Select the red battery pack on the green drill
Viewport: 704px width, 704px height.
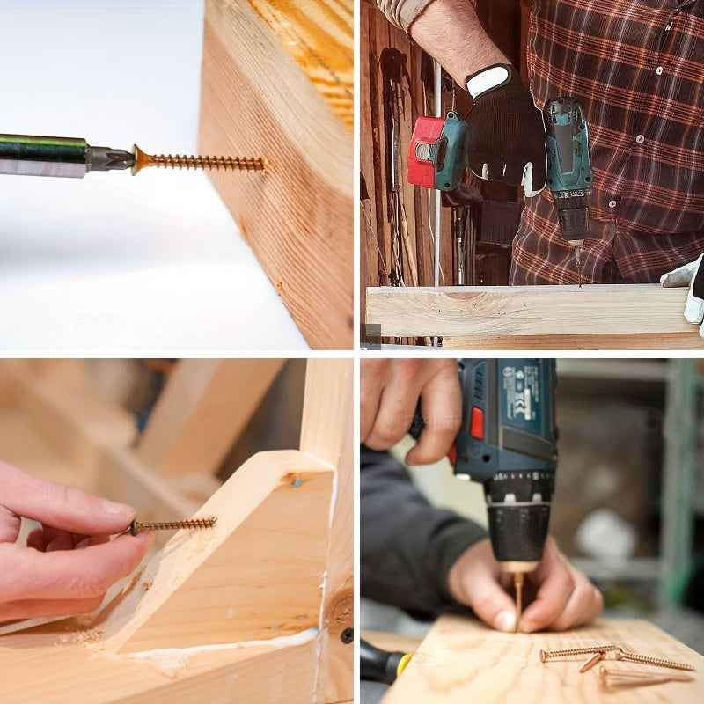click(x=426, y=151)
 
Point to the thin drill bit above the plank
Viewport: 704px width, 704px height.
click(x=578, y=263)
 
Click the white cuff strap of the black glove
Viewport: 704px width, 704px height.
click(x=488, y=81)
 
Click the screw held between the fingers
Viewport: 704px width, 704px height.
click(x=174, y=524)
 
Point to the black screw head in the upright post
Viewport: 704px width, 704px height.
click(x=346, y=634)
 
